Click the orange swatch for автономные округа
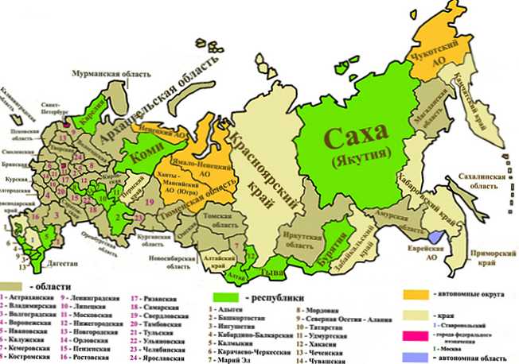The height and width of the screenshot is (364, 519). (416, 296)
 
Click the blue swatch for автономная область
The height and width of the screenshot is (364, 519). (417, 358)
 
